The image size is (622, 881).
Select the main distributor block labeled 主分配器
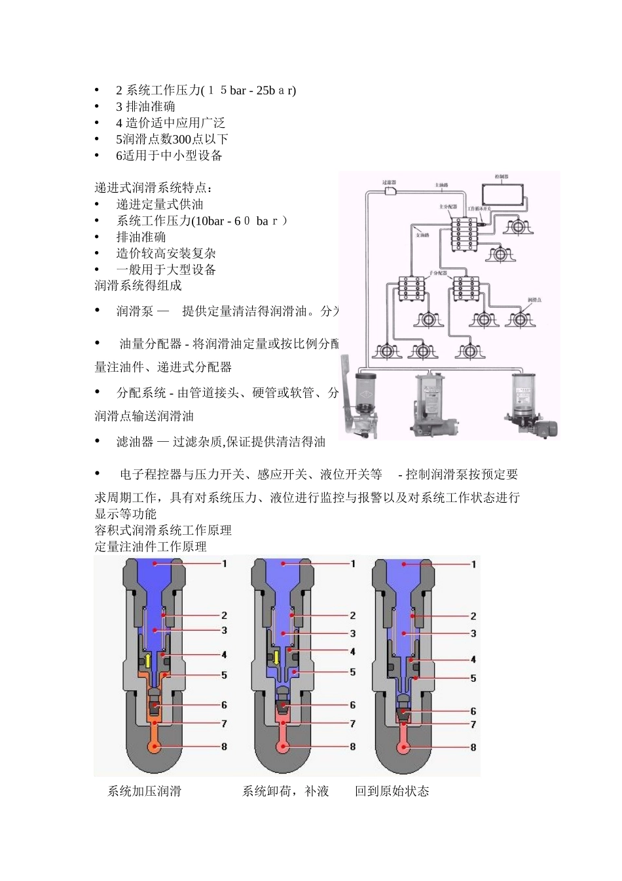(466, 233)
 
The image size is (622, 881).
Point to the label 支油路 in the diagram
(422, 235)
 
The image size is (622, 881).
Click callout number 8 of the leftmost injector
(224, 747)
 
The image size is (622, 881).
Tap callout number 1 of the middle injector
(353, 564)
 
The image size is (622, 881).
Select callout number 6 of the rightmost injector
(473, 711)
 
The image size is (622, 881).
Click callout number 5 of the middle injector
(352, 672)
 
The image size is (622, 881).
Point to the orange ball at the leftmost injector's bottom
(155, 747)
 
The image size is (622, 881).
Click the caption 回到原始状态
(392, 791)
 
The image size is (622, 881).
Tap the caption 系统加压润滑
(144, 791)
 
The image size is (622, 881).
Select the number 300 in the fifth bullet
(181, 139)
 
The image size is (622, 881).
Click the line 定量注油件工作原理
(151, 546)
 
